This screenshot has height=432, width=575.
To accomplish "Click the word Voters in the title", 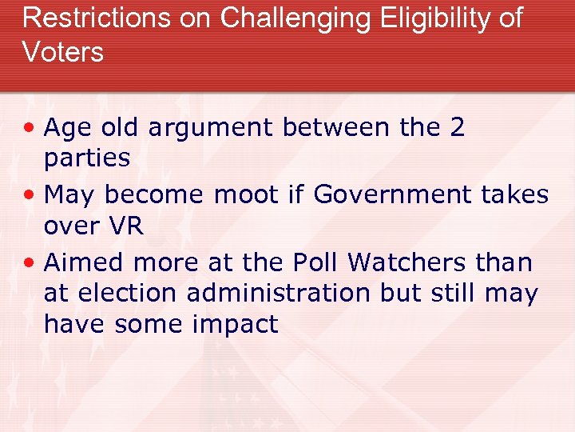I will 63,52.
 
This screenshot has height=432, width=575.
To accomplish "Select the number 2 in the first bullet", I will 457,128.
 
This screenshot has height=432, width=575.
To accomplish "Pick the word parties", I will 87,158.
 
